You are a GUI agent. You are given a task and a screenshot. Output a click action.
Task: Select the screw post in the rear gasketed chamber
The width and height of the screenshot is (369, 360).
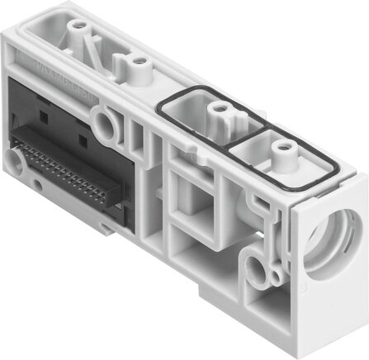219,108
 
